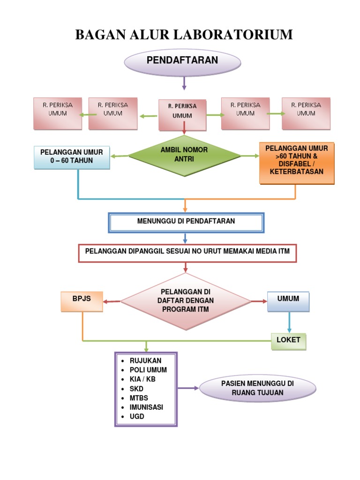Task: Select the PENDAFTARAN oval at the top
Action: (182, 61)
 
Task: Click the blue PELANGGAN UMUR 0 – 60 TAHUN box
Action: (72, 157)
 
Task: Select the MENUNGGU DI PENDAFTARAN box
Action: (186, 222)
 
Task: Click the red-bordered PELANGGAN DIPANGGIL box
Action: (187, 252)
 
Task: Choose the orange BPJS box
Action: (82, 300)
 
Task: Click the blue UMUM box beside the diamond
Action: (288, 300)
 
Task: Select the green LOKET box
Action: (288, 341)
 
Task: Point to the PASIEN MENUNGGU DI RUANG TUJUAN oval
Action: (257, 388)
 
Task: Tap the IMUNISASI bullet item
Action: (146, 407)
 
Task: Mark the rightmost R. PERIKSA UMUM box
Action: (306, 113)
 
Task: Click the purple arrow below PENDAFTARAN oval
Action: (184, 83)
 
